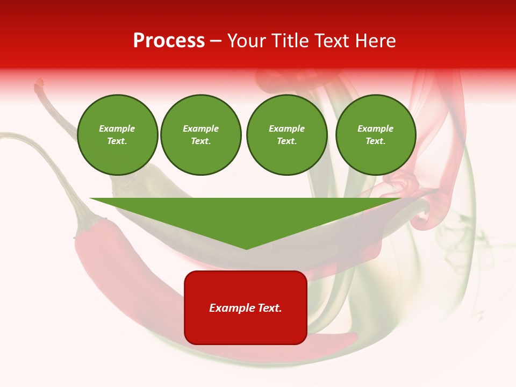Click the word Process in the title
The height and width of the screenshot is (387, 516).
point(169,41)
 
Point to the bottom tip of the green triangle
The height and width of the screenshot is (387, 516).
point(246,248)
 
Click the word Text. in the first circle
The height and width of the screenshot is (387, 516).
point(117,141)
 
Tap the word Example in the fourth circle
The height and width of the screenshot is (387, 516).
point(375,128)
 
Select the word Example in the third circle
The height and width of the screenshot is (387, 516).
point(286,128)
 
